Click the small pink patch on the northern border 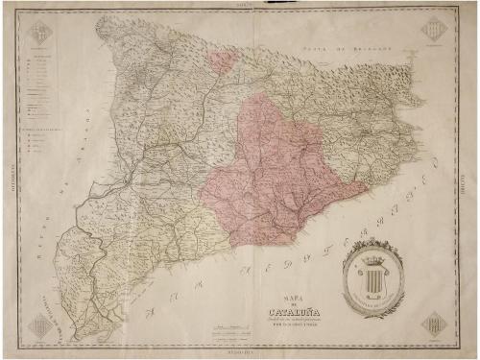point(222,62)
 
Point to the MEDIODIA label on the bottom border point(240,352)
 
